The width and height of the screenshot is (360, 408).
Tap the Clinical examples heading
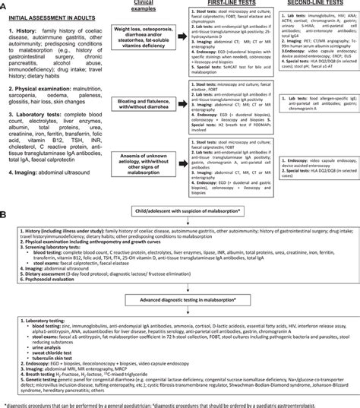[x=149, y=8]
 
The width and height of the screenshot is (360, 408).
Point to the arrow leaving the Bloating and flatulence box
[x=189, y=101]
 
